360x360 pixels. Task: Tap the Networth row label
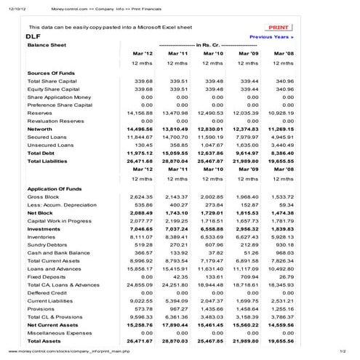pyautogui.click(x=40, y=129)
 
